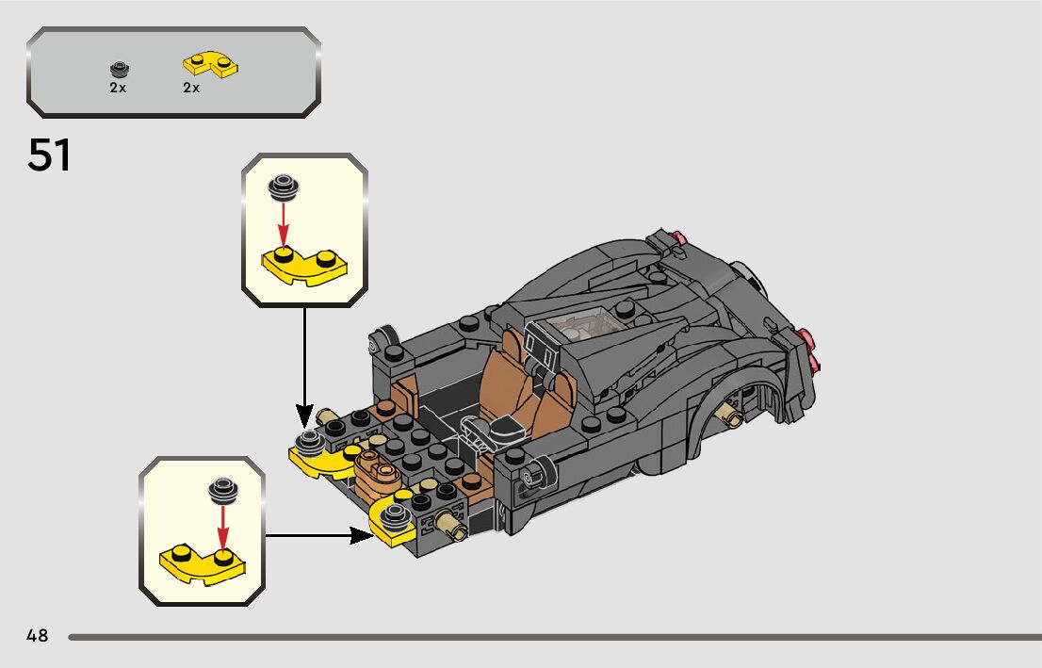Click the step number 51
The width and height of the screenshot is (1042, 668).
point(49,155)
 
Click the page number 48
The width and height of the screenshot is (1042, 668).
point(38,635)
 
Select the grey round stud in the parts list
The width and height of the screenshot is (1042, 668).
point(120,69)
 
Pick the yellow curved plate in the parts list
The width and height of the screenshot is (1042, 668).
point(211,64)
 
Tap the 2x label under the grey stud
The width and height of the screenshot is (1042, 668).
point(119,88)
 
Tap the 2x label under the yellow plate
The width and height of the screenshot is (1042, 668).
point(191,88)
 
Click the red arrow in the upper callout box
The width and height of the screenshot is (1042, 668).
point(284,224)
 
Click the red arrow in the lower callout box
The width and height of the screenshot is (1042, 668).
point(223,527)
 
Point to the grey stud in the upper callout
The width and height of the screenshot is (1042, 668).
point(284,187)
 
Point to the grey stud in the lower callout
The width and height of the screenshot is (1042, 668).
point(223,491)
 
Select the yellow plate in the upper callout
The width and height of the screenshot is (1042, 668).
point(304,266)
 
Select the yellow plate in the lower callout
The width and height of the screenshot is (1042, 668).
point(203,564)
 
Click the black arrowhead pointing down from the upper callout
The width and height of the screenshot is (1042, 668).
point(304,416)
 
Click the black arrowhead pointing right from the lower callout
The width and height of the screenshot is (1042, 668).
point(362,535)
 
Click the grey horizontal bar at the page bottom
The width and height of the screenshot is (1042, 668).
point(555,637)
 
